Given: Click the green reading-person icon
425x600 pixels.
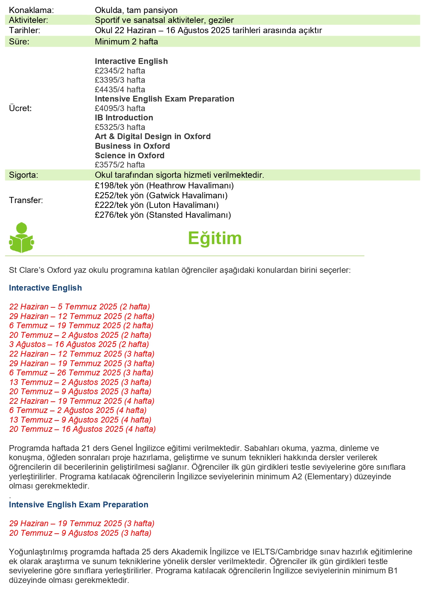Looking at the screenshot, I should pos(21,238).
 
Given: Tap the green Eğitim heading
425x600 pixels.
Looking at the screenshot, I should pos(215,238).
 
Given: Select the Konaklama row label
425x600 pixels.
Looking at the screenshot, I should pos(32,10).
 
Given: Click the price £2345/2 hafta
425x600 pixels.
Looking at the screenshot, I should pos(120,71).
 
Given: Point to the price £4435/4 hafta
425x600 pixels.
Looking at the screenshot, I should pos(120,90).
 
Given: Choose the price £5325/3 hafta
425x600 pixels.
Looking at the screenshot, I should pos(120,127).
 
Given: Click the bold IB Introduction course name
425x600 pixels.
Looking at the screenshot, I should pos(124,118).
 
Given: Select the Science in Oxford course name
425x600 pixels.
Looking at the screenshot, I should pos(129,156).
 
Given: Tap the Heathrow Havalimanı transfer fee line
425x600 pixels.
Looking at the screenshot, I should pos(164,186).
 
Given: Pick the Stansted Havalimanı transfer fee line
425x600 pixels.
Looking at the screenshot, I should pos(163,215).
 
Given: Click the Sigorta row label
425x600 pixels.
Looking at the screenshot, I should pos(24,175).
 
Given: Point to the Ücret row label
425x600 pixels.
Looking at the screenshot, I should pos(20,108).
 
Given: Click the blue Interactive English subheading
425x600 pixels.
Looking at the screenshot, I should pos(46,288).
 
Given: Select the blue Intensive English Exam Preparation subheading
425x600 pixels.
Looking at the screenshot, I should pos(79,505).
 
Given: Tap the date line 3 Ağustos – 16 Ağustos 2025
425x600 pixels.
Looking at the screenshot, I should pos(79,344).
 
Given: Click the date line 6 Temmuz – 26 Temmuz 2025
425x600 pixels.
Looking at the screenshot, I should pos(81,373).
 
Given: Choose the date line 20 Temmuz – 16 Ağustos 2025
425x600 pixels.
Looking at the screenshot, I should pos(83,429).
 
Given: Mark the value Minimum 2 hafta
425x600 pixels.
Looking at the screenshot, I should pos(126,42).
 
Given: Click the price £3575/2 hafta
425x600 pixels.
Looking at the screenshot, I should pos(120,165).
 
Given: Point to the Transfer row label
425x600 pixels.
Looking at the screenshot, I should pos(26,200).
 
